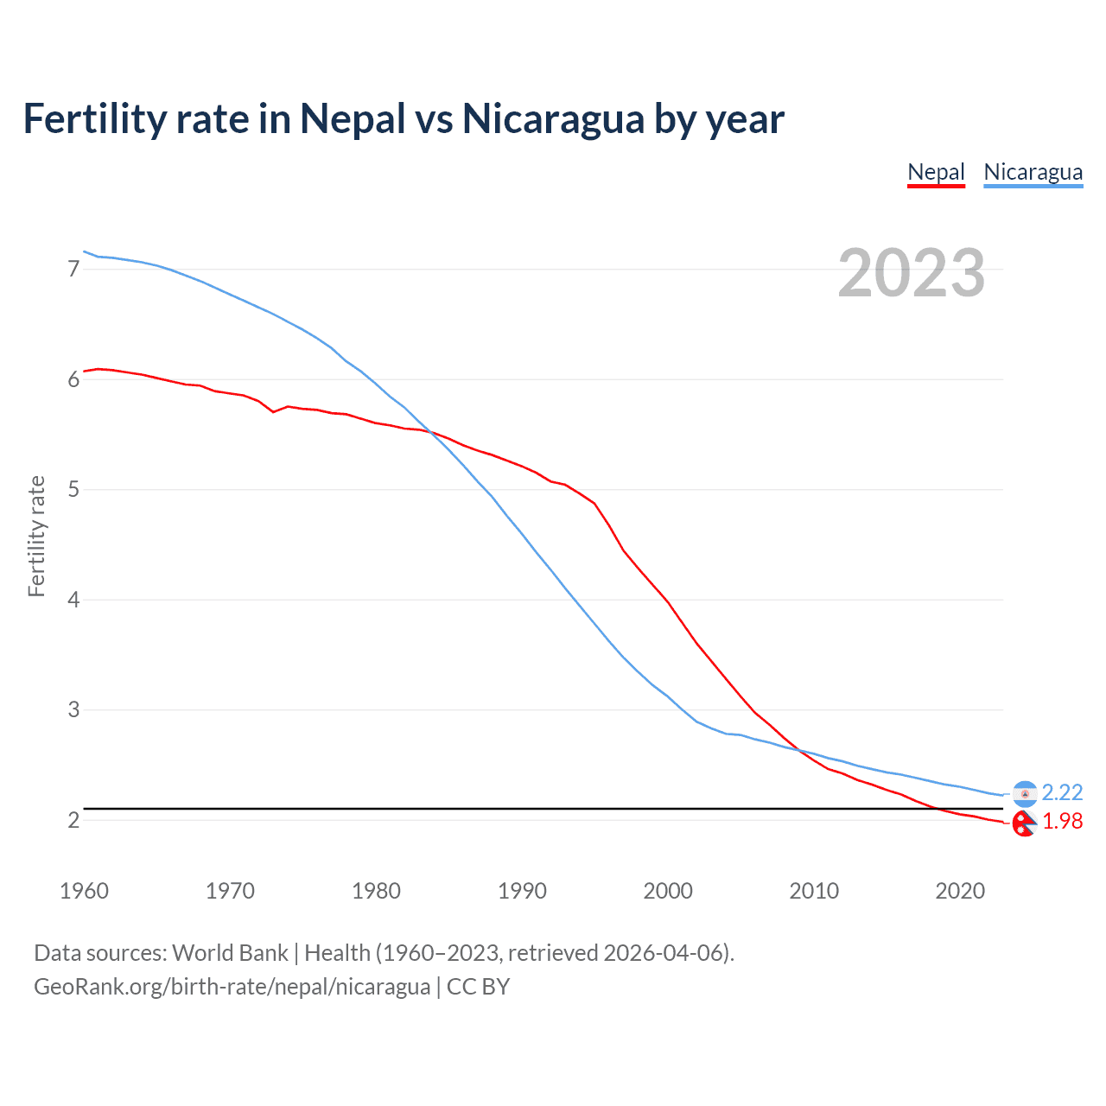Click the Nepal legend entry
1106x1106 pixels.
tap(936, 172)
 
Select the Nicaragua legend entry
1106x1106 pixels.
tap(1033, 172)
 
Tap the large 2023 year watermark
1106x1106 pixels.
tap(911, 273)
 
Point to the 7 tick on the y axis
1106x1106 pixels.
tap(73, 270)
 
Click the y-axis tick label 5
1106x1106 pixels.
tap(73, 490)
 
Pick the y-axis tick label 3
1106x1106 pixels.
tap(73, 710)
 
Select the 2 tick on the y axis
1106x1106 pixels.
tap(73, 820)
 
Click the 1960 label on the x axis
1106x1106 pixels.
tap(84, 891)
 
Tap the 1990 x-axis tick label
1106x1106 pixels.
tap(522, 891)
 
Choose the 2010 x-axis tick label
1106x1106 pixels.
tap(814, 891)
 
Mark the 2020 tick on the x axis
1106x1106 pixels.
tap(960, 891)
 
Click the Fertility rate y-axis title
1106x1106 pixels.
tap(36, 536)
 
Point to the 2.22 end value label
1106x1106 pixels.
tap(1062, 792)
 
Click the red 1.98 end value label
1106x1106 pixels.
tap(1062, 821)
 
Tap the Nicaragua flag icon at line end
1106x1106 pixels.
tap(1025, 793)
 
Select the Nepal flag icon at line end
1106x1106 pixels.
tap(1024, 824)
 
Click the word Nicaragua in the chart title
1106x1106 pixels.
tap(553, 118)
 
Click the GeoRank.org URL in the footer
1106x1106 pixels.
tap(232, 987)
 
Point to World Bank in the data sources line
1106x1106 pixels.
tap(230, 953)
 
